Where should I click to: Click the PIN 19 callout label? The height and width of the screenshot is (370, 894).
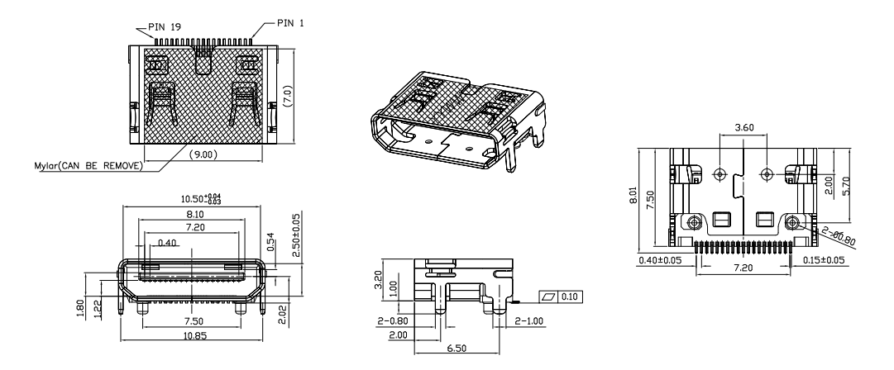(x=165, y=26)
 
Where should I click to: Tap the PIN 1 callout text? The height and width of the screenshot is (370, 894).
(x=289, y=22)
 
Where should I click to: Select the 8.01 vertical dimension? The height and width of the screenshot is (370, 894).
(x=634, y=197)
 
